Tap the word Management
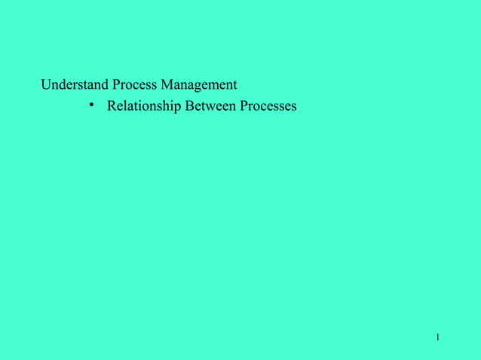(x=198, y=85)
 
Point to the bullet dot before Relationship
(x=90, y=105)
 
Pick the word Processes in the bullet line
(x=268, y=106)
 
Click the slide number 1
(x=437, y=337)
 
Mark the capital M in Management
(x=167, y=84)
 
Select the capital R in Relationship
(x=112, y=106)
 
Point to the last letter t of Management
(x=234, y=85)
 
